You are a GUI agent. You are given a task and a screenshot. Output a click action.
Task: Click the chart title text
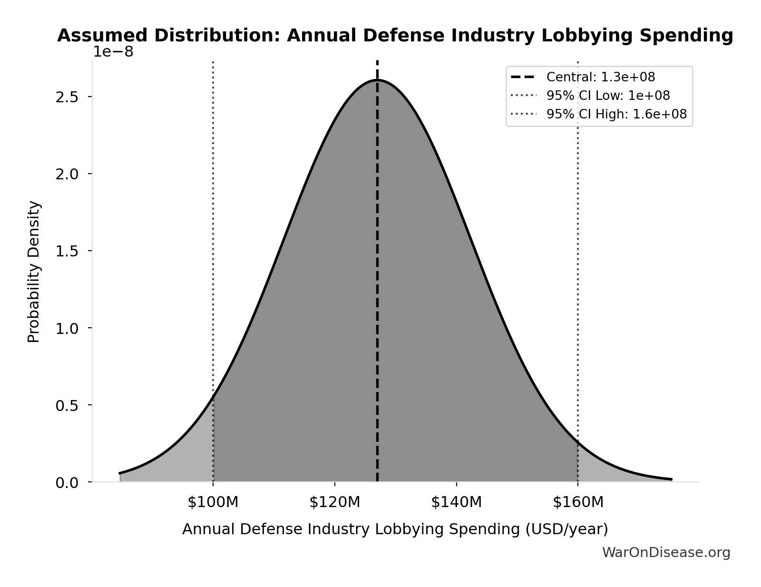click(x=395, y=36)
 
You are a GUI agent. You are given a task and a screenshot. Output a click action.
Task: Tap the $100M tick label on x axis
click(x=213, y=502)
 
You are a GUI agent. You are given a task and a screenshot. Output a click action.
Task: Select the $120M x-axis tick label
click(x=335, y=502)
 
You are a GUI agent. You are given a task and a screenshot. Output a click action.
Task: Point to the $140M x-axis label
click(x=457, y=502)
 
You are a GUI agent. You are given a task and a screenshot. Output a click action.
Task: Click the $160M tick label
click(x=578, y=502)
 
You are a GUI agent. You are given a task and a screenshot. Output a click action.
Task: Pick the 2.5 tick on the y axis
click(x=67, y=97)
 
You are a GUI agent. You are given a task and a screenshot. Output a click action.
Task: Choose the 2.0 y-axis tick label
click(x=67, y=174)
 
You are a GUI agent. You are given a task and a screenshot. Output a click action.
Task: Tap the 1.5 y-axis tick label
click(x=67, y=251)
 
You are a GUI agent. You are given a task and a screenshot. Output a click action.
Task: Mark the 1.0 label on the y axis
click(x=67, y=328)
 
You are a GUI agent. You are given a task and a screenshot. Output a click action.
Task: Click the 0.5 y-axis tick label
click(x=67, y=405)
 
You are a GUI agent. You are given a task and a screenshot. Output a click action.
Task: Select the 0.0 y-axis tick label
click(x=67, y=483)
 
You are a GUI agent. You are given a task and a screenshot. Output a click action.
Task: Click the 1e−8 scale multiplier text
click(x=113, y=52)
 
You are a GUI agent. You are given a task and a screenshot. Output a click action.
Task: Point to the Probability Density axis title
click(x=34, y=272)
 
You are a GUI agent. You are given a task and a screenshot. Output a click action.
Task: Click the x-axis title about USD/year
click(x=395, y=529)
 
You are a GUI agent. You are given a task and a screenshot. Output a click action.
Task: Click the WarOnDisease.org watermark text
click(x=666, y=553)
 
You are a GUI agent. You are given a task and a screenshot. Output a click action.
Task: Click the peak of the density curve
click(x=377, y=80)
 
